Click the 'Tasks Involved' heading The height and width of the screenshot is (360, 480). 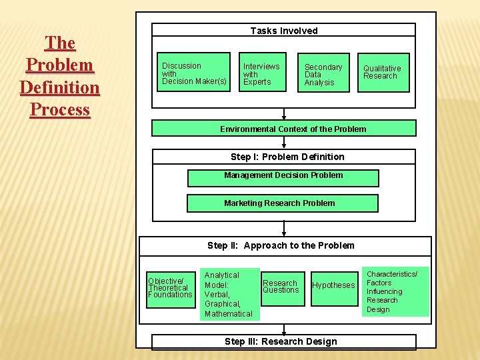(284, 31)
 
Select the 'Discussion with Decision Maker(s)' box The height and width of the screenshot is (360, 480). (195, 72)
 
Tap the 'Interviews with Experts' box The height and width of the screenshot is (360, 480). (262, 73)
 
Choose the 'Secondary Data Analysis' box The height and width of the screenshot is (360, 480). (323, 73)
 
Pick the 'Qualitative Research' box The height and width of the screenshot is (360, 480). (383, 72)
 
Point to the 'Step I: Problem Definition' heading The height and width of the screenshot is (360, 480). (287, 157)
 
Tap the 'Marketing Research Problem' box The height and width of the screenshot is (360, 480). (282, 203)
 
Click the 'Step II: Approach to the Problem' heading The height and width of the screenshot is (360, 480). (281, 245)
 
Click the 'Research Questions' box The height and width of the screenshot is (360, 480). (281, 287)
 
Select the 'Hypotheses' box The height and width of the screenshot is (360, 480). (334, 285)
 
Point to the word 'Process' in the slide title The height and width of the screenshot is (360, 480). (60, 109)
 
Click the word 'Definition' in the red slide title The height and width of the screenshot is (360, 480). (60, 87)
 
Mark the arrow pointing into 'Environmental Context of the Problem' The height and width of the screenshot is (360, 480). (284, 115)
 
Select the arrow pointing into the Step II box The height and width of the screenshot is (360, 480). (284, 230)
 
